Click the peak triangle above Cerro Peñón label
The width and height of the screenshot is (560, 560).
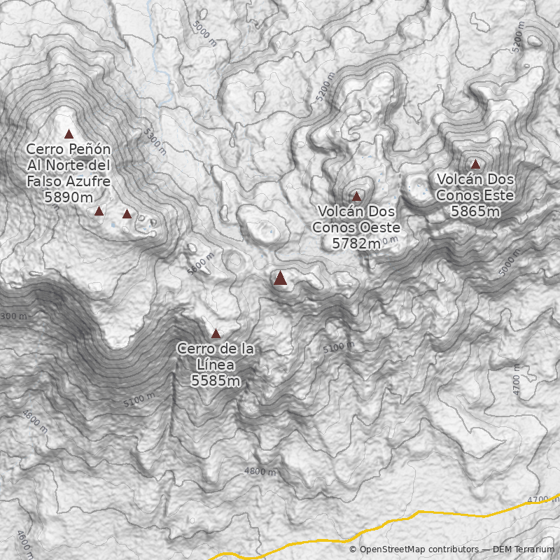[69, 134]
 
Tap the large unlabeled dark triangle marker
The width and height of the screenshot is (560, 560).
[280, 279]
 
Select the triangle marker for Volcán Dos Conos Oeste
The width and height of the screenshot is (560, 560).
[356, 197]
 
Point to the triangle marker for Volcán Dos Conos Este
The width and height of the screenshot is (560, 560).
[475, 164]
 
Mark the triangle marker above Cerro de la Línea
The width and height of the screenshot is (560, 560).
[216, 334]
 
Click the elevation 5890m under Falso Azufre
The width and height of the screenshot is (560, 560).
[68, 197]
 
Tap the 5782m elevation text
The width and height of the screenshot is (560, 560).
[356, 243]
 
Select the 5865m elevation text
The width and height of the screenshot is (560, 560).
[475, 211]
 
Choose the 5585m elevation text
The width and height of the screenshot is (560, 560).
[216, 381]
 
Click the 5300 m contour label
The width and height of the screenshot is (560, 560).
[155, 141]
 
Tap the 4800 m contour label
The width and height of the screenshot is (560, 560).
[260, 471]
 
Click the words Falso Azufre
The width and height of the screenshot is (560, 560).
[68, 181]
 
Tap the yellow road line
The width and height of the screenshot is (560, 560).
[420, 514]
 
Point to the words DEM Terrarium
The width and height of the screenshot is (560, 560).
[523, 550]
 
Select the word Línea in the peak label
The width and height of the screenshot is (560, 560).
[215, 365]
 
